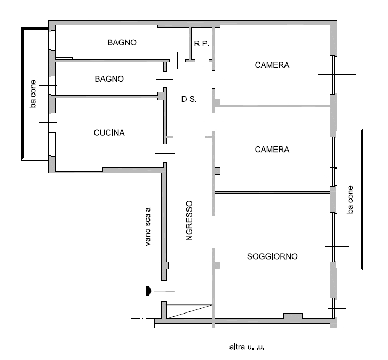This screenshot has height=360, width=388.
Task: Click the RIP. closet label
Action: tap(202, 44)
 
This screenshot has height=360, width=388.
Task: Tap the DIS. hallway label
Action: tap(189, 99)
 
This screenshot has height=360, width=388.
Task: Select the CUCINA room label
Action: tap(109, 132)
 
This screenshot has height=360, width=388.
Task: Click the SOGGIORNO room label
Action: tap(272, 256)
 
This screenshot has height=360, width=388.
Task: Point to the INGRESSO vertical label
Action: tap(189, 222)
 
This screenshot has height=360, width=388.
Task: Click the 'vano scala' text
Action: tap(147, 227)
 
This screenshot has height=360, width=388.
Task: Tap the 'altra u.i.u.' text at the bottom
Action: tap(247, 347)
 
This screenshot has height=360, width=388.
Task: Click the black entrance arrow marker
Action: tap(148, 291)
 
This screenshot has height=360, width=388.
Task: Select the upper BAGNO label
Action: tap(122, 42)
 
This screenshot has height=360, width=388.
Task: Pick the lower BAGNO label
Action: tap(109, 79)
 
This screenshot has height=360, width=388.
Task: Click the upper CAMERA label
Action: tap(272, 65)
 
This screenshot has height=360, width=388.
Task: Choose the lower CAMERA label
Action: tap(272, 150)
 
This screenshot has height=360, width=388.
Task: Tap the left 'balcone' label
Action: tap(33, 94)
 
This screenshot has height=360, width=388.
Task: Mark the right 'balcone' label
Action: tap(350, 200)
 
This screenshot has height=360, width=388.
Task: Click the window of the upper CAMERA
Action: tap(334, 75)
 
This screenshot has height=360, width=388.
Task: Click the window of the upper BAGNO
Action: tap(52, 41)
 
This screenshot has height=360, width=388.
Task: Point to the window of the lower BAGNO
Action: tap(52, 85)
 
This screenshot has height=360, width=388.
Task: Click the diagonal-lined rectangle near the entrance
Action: tap(189, 311)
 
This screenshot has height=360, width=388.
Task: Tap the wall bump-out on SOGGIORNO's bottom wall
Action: tap(292, 316)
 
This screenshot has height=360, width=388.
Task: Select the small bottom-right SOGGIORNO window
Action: tap(334, 308)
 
